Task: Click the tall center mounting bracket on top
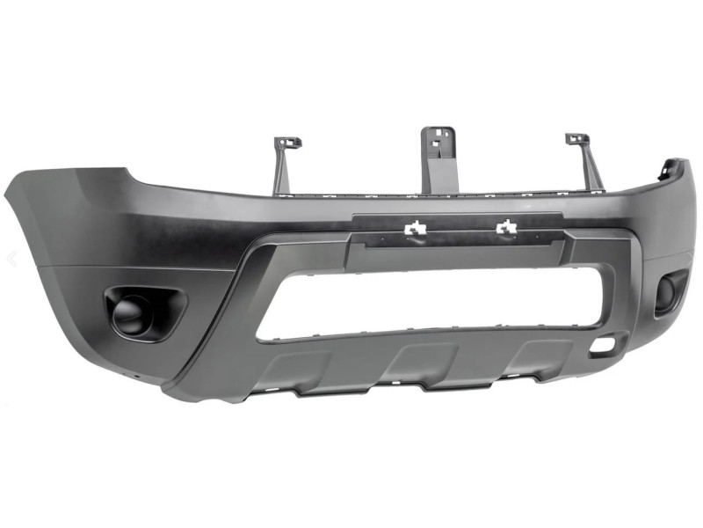pos(438,158)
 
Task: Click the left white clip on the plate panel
pos(414,230)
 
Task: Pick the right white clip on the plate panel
pos(506,229)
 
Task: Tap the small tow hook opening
pos(603,347)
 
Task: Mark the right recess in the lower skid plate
pos(537,354)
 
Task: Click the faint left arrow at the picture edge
pos(11,258)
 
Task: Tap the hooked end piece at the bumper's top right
pos(675,167)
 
